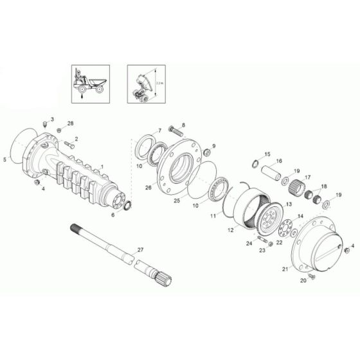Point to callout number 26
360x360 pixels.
149,187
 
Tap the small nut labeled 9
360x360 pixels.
208,152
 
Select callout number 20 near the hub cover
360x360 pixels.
303,281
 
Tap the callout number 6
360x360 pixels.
114,215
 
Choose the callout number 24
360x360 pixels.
249,243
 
